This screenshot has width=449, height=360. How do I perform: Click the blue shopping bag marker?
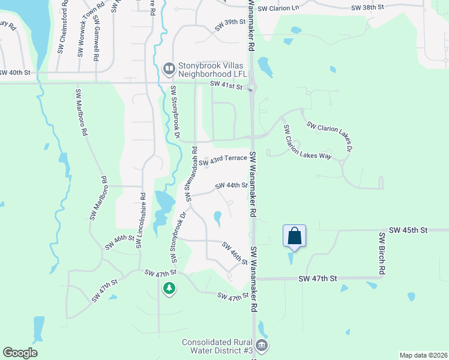[x=294, y=235]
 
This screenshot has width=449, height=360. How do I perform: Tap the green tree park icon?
[x=170, y=289]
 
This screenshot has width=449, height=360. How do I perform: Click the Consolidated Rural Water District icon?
[x=262, y=345]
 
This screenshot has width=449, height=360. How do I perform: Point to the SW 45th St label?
[x=408, y=230]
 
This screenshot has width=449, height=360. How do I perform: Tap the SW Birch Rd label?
[x=381, y=253]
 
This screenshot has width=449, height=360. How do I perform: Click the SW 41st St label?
[x=226, y=86]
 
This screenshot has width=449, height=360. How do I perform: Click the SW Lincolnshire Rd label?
[x=142, y=220]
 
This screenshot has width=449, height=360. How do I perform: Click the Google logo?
[x=20, y=352]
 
